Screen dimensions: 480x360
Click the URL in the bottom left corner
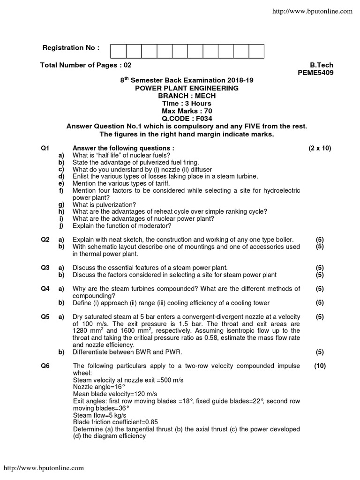pos(44,468)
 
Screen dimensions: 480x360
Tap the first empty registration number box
pos(119,51)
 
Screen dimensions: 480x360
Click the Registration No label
pos(71,48)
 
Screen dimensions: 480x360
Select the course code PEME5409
pos(315,73)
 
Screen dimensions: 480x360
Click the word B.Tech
pos(322,65)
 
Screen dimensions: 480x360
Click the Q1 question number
pos(45,148)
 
